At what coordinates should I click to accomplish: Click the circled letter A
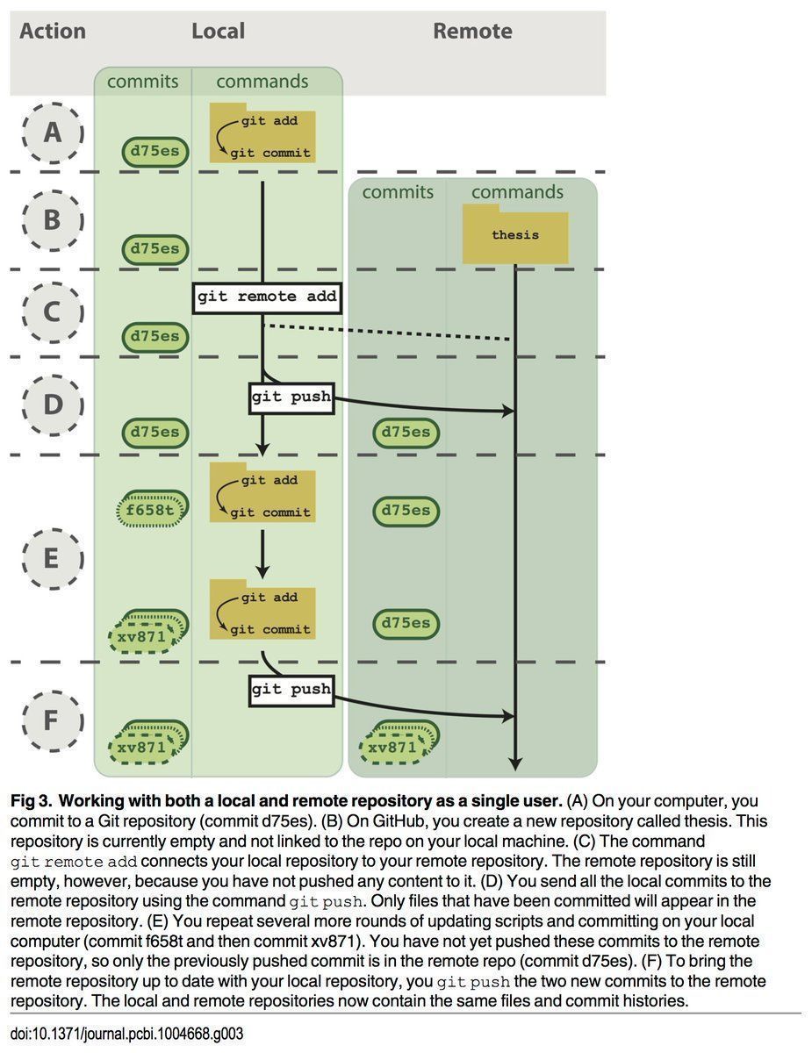(x=52, y=133)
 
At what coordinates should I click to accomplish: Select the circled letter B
(x=52, y=220)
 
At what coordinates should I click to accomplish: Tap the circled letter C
(x=52, y=312)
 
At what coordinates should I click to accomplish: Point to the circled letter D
(x=52, y=405)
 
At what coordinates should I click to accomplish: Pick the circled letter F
(x=52, y=720)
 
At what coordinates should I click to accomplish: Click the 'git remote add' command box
(x=267, y=297)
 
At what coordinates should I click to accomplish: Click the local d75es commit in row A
(x=155, y=151)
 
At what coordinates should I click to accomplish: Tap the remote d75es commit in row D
(x=406, y=432)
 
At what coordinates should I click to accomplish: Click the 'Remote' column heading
(x=472, y=32)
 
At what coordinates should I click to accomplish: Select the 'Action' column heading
(x=53, y=32)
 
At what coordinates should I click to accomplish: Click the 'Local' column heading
(x=218, y=32)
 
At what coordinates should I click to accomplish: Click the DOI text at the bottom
(x=126, y=1034)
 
